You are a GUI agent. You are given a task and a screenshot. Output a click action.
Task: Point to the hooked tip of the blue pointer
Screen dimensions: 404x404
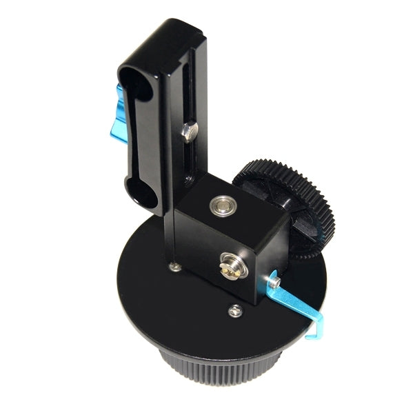pos(315,330)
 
